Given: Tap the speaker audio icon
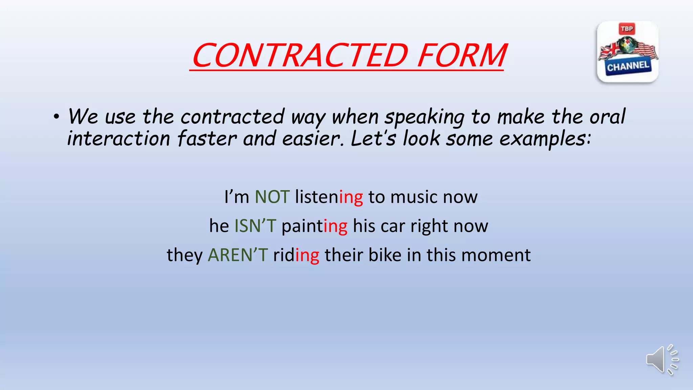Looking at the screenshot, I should [662, 360].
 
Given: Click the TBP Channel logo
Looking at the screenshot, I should [628, 52].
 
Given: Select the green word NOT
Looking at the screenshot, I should [272, 197].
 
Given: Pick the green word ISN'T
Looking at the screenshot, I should [255, 226].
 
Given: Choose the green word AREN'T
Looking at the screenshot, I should [238, 255].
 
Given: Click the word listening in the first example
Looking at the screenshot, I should [329, 197].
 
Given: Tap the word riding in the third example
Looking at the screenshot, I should [296, 255].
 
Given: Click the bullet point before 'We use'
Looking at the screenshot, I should [56, 117].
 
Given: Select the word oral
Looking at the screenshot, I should [607, 116].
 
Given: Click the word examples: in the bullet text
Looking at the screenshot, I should [545, 139].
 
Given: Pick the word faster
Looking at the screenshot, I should [207, 139].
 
